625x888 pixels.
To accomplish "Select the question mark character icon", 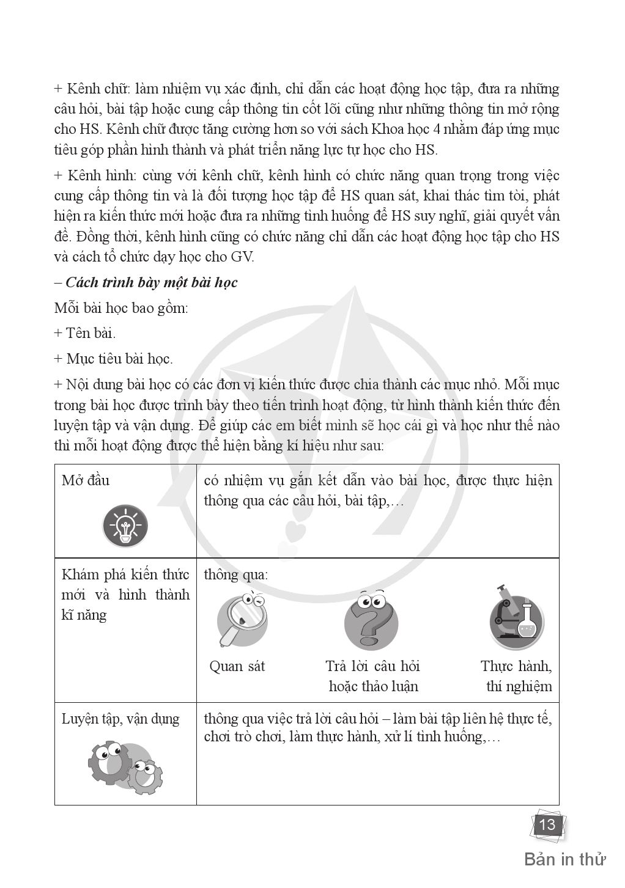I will [x=371, y=620].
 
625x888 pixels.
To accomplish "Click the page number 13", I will [x=547, y=825].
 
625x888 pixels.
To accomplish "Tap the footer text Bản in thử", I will [x=564, y=859].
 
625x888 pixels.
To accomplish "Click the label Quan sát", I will [x=237, y=666].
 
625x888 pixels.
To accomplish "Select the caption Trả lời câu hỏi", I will [x=372, y=666].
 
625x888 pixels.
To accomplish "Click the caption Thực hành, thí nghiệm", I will [x=517, y=676].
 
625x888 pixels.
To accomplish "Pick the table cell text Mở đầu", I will [x=86, y=480].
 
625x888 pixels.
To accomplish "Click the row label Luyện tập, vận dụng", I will [x=120, y=719].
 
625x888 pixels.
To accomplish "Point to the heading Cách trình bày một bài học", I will [x=151, y=282].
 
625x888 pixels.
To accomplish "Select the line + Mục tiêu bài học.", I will [x=114, y=359].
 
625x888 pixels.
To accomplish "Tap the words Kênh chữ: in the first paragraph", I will [x=98, y=89].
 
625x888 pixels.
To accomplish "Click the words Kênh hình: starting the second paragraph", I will [x=102, y=176].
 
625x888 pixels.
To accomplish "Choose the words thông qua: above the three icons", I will [x=235, y=575].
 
